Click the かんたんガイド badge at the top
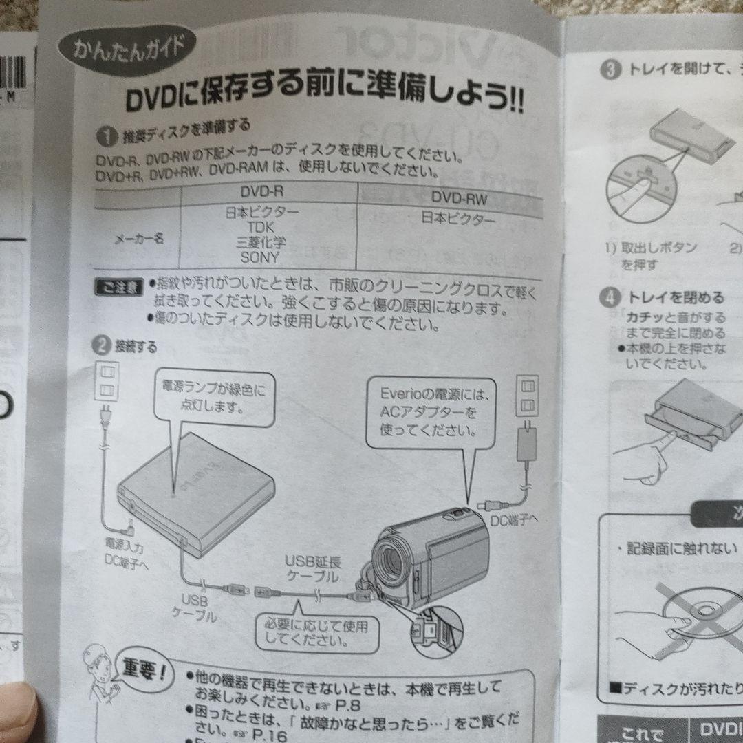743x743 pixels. [128, 50]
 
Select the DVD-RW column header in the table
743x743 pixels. [459, 199]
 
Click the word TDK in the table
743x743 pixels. [261, 227]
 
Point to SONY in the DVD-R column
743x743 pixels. [260, 258]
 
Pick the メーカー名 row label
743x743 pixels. [138, 239]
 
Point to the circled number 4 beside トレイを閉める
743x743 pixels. [610, 298]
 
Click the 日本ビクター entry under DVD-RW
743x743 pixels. [458, 220]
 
